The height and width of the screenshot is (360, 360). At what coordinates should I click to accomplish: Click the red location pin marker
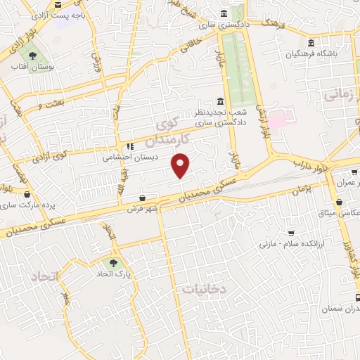pyautogui.click(x=181, y=165)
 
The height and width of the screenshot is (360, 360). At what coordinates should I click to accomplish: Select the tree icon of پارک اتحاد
pyautogui.click(x=113, y=255)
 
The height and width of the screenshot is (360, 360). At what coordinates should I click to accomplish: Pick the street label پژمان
pyautogui.click(x=300, y=190)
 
